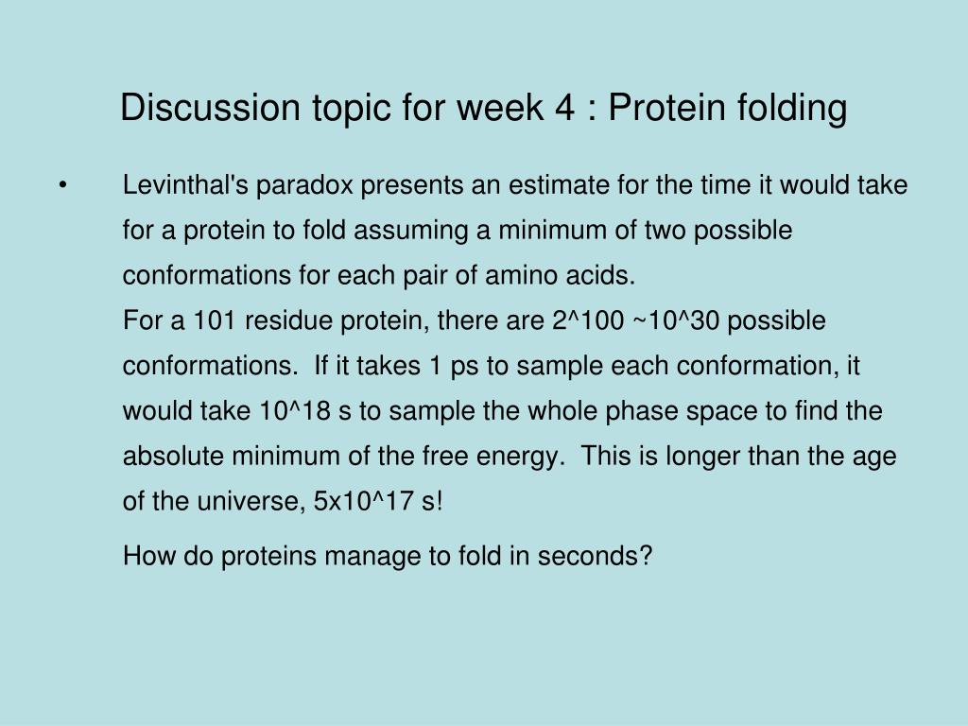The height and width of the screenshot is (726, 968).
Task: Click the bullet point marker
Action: tap(62, 185)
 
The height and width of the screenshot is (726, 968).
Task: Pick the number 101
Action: tap(216, 321)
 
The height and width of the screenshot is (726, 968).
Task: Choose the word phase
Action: tap(651, 412)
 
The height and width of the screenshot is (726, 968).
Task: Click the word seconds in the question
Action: tap(595, 557)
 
